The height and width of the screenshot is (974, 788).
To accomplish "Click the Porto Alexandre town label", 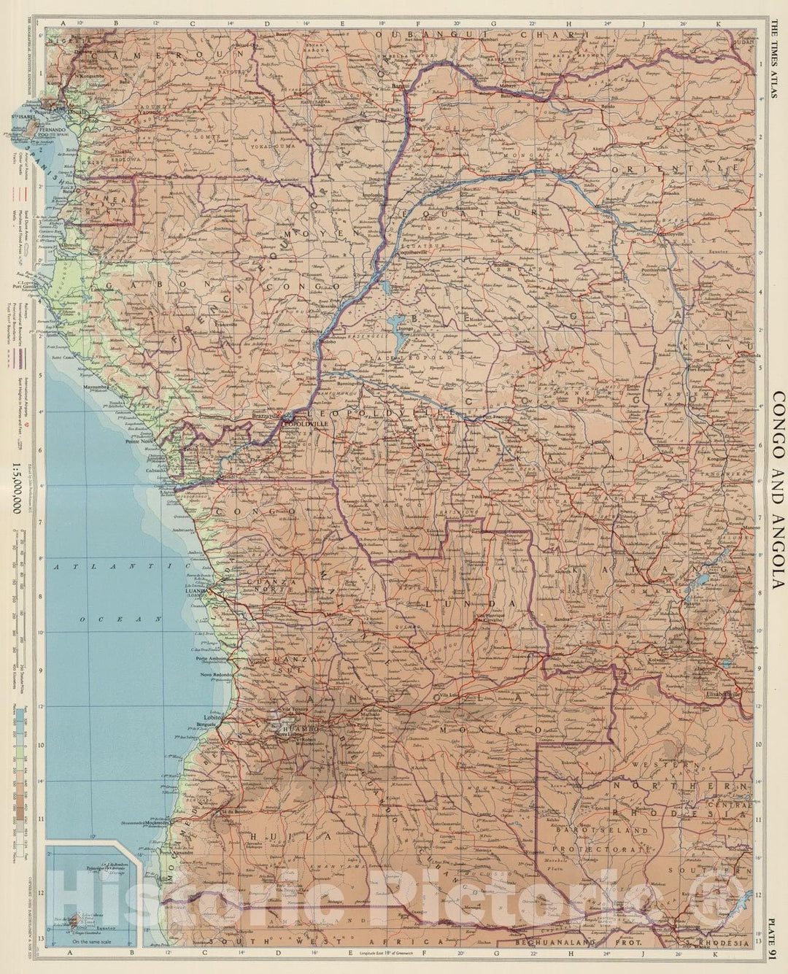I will tap(177, 852).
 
